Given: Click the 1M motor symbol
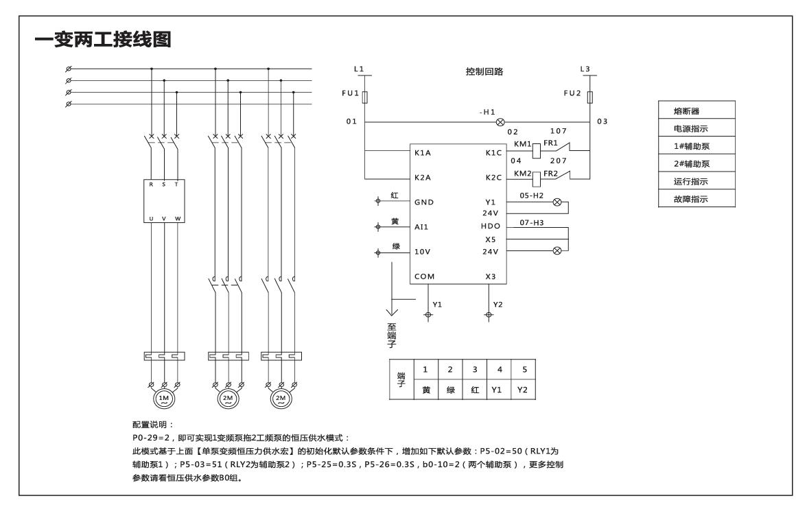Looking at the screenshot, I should pos(163,397).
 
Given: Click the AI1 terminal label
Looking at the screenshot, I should pos(422,226).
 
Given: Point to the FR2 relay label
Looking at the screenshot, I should pos(551,173).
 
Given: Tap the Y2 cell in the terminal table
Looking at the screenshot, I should pos(524,388).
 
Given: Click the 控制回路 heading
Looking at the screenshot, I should pos(484,71).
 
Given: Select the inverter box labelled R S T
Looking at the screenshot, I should pos(165,200).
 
